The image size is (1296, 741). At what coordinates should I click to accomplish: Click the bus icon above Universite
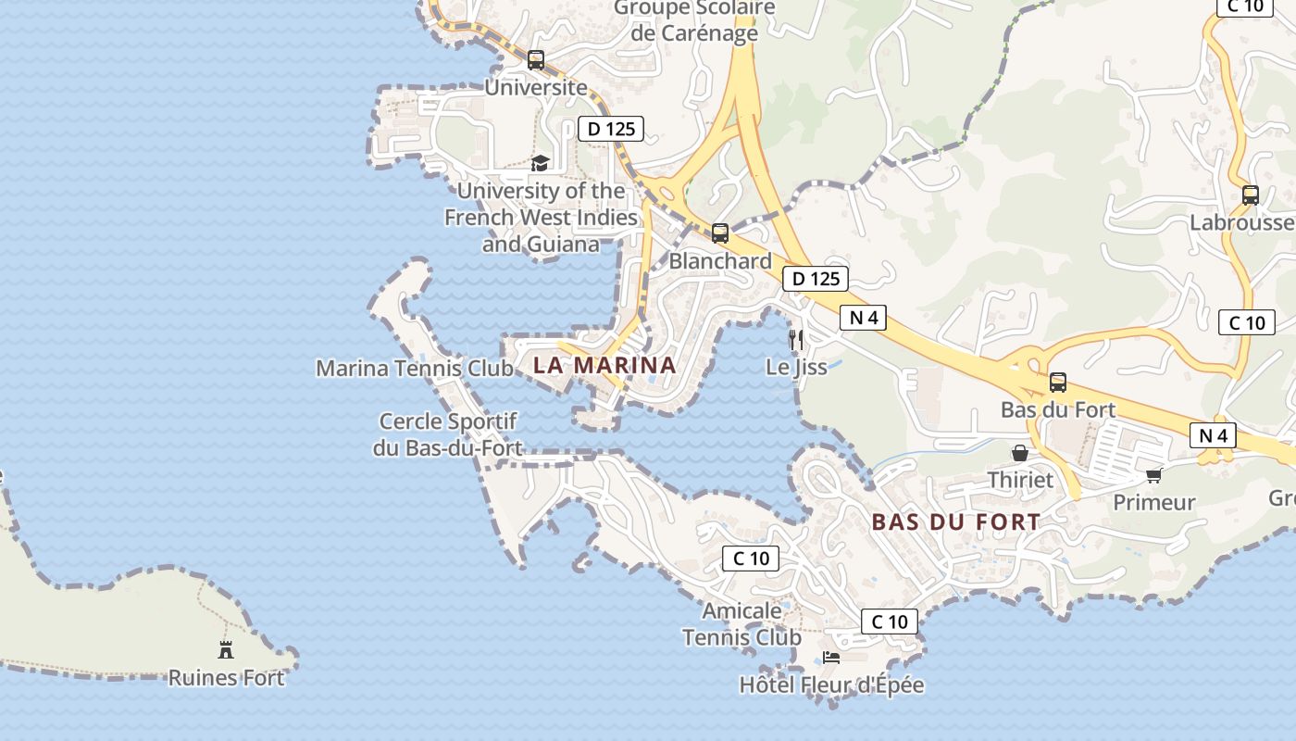tap(536, 60)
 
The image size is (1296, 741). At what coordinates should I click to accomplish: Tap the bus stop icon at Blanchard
tap(720, 233)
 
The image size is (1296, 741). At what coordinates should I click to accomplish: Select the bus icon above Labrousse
tap(1251, 195)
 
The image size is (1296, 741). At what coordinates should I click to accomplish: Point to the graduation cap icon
tap(540, 164)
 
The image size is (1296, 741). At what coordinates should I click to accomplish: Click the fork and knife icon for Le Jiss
tap(796, 340)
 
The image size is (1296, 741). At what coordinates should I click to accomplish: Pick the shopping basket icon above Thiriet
tap(1020, 453)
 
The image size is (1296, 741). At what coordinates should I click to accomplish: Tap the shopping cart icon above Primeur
tap(1153, 475)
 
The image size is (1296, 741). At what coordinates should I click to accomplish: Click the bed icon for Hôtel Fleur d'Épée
tap(831, 658)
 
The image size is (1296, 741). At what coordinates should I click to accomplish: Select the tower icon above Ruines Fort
tap(226, 649)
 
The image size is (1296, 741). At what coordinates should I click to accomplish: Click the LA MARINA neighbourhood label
tap(604, 365)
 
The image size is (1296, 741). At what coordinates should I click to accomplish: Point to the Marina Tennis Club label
tap(415, 369)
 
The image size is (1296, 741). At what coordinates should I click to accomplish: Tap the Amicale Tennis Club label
tap(741, 624)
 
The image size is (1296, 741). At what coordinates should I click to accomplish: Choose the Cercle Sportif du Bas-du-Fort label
tap(448, 435)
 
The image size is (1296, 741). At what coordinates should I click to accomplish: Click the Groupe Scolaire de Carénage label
tap(693, 20)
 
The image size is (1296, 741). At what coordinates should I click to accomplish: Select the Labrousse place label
tap(1240, 222)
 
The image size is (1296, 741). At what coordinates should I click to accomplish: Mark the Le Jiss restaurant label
tap(796, 367)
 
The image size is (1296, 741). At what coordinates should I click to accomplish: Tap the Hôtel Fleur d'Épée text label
tap(831, 685)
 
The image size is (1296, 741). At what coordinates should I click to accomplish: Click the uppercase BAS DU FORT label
tap(956, 522)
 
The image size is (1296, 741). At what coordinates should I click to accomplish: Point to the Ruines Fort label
tap(226, 678)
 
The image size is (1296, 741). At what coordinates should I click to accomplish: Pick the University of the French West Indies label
tap(541, 218)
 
